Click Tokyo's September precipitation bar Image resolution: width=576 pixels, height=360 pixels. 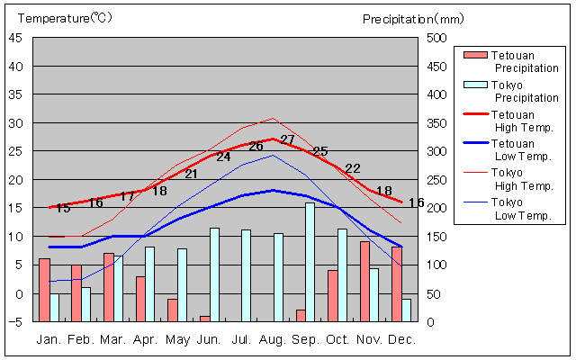tap(310, 262)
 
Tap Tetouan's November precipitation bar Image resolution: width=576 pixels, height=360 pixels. tap(364, 281)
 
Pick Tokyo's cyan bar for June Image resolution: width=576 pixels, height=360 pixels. tap(214, 274)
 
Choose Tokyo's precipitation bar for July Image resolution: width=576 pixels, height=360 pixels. tap(246, 275)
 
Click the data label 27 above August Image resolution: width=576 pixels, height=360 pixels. tap(287, 139)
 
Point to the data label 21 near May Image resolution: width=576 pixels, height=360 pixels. tap(191, 174)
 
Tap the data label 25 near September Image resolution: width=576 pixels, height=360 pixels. tap(320, 151)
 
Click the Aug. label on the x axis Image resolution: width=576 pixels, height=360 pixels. tap(272, 339)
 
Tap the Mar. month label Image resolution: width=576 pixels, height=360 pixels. tap(112, 339)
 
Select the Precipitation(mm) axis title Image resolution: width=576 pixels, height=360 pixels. tap(414, 18)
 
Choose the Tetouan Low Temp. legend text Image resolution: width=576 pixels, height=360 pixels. tap(525, 149)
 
